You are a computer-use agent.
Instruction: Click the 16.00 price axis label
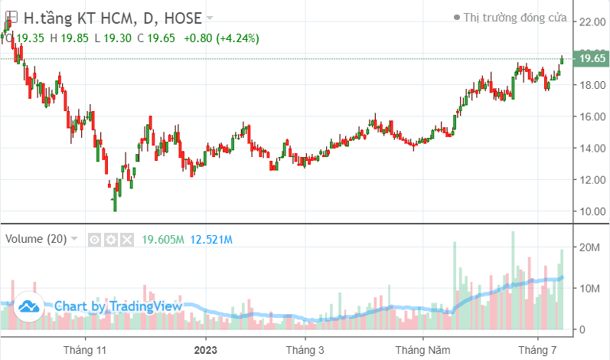click(593, 116)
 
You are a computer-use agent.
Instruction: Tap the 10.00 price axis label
click(593, 211)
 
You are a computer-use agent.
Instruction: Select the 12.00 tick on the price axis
click(593, 180)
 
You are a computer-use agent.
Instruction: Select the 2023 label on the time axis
click(205, 349)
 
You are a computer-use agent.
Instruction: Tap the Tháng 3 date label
click(304, 349)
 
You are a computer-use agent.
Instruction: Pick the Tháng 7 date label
click(537, 349)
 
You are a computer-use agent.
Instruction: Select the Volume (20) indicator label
click(36, 239)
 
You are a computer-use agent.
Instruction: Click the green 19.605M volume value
click(162, 240)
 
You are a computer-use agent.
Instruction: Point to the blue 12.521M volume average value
click(210, 240)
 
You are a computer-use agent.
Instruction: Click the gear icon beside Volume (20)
click(111, 240)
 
